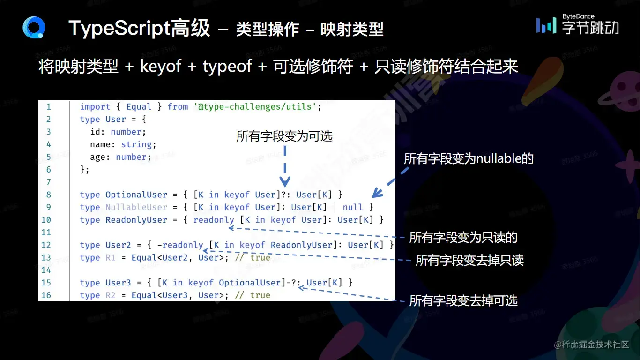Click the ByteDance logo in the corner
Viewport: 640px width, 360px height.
tap(577, 24)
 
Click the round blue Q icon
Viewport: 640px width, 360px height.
tap(34, 28)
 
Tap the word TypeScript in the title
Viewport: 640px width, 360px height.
tap(119, 29)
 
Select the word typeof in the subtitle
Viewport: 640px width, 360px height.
tap(227, 67)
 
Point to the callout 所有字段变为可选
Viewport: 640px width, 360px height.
tap(284, 136)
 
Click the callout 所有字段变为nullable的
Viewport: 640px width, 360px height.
tap(469, 159)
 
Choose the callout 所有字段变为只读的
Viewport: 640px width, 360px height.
tap(463, 237)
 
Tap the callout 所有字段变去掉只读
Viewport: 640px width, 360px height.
tap(469, 261)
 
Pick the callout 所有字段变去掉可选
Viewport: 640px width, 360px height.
tap(463, 300)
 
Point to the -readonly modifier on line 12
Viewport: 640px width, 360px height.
tap(180, 245)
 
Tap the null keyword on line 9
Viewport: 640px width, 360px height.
tap(353, 207)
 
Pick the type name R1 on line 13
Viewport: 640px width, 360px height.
tap(110, 258)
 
